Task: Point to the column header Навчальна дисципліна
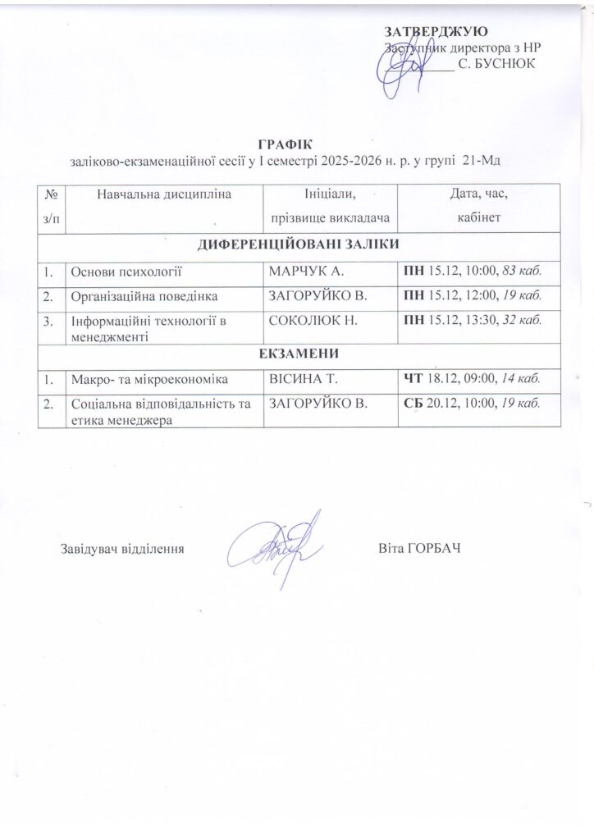[x=164, y=194]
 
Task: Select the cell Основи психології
[x=126, y=269]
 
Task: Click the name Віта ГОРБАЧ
[x=420, y=547]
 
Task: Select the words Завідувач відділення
[x=121, y=547]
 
